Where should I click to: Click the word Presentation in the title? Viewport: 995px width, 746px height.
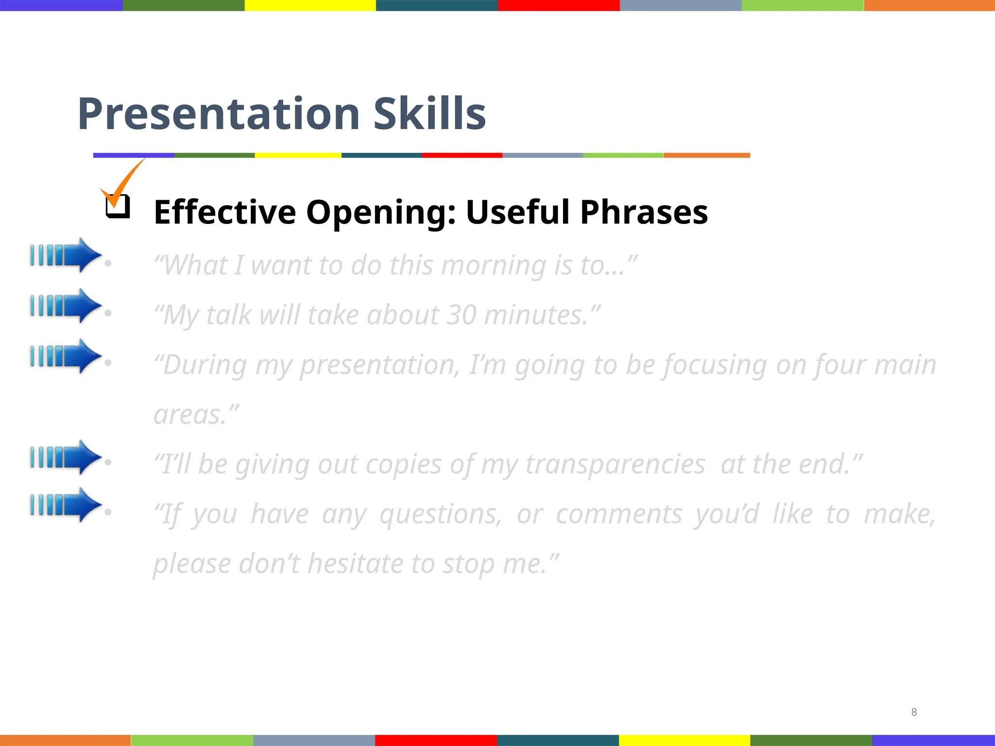click(x=219, y=114)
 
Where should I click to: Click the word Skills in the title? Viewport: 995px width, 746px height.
click(x=429, y=114)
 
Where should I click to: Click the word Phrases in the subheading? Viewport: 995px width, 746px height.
click(x=644, y=212)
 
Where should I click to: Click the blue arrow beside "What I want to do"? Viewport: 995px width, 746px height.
click(x=66, y=255)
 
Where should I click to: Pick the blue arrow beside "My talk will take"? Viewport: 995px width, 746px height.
click(x=66, y=305)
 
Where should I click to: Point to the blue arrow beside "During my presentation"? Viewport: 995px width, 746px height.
click(x=66, y=356)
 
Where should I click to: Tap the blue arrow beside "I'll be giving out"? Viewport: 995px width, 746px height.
click(x=66, y=457)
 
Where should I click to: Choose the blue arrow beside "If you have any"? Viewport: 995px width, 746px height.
click(x=66, y=505)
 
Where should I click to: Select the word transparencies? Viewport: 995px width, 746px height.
click(x=615, y=464)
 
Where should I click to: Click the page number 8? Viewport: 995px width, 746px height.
click(x=914, y=712)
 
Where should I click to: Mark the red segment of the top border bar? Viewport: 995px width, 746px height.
click(x=559, y=5)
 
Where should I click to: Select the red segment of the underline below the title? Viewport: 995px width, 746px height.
click(x=462, y=155)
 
